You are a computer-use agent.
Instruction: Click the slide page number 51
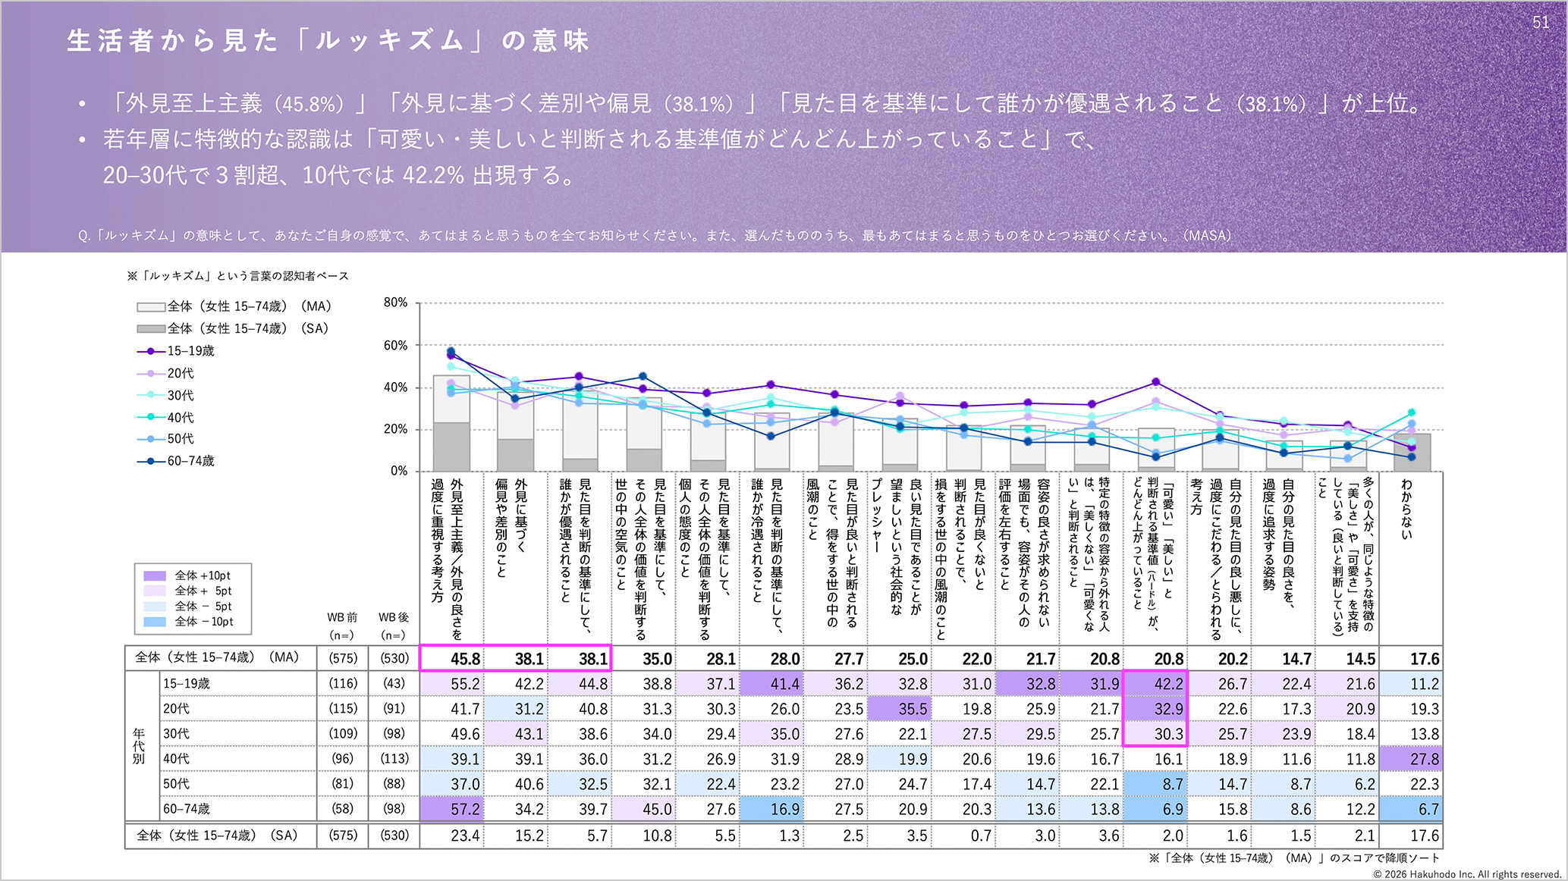[1541, 23]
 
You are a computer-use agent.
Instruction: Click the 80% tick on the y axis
[395, 303]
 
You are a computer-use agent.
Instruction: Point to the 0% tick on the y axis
[399, 471]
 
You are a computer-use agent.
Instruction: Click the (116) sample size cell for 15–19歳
[343, 684]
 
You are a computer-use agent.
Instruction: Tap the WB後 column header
[394, 626]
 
